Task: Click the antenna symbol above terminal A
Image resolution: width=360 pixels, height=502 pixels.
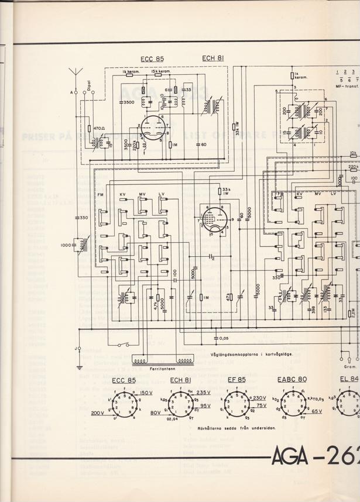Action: (74, 75)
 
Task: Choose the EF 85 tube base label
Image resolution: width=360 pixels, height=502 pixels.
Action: (233, 380)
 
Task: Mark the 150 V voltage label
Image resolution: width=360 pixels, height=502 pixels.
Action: (146, 393)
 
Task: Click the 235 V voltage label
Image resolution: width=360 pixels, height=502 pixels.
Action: (204, 393)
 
